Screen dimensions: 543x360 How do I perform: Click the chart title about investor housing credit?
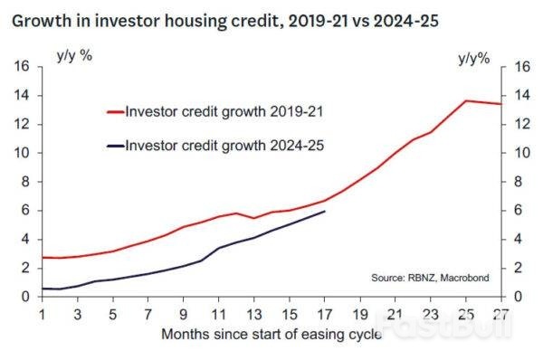coord(225,22)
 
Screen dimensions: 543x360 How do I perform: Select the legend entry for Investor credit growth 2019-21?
coord(215,112)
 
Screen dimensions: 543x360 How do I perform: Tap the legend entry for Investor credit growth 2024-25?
coord(215,146)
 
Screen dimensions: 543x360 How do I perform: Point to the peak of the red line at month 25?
coord(466,100)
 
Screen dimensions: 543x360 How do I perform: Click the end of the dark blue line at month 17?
coord(325,211)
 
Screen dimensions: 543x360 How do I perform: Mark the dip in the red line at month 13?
coord(253,218)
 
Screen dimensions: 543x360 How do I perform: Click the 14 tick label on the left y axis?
coord(22,95)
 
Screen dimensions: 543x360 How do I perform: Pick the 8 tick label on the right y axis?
coord(518,182)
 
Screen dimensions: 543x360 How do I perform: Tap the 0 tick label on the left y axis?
coord(25,297)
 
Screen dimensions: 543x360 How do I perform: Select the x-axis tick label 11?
coord(218,315)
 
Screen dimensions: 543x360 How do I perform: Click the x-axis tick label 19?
coord(360,315)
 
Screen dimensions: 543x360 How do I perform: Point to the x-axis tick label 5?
coord(112,315)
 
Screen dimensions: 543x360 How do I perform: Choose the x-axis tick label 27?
coord(501,315)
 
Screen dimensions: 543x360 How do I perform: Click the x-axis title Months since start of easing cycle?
coord(271,335)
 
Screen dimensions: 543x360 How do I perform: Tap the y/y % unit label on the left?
coord(74,55)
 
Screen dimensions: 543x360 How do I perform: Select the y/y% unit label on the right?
coord(474,59)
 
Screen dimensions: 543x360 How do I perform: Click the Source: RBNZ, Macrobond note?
coord(430,278)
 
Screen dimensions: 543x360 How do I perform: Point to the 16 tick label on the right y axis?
coord(522,66)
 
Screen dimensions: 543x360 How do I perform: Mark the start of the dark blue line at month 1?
coord(43,289)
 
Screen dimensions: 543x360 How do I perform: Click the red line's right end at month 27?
coord(501,104)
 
